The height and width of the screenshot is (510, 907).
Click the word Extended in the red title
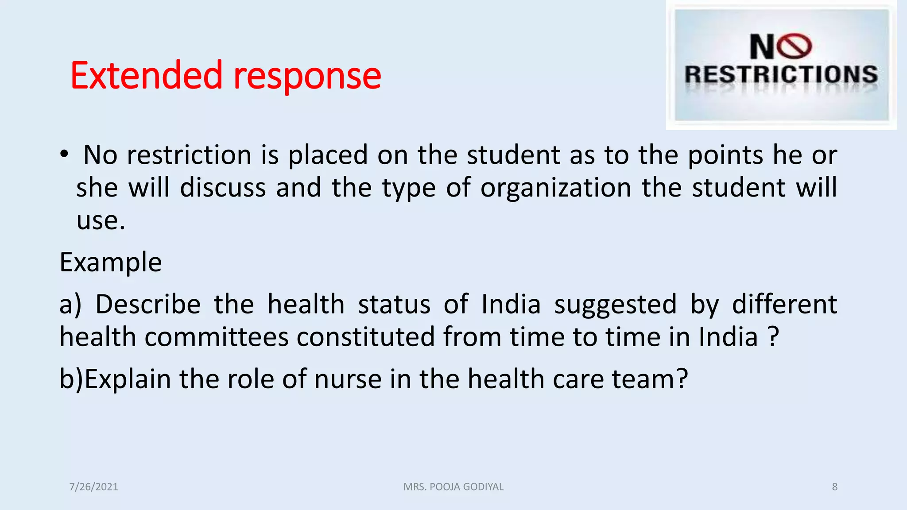tap(146, 76)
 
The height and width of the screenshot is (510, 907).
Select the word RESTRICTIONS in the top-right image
tap(781, 74)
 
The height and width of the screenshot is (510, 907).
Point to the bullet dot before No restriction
tap(65, 154)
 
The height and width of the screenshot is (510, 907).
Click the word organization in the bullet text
tap(556, 187)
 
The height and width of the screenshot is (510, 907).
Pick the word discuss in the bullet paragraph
tap(223, 187)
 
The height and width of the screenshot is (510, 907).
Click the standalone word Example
tap(111, 262)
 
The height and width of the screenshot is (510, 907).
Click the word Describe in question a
tap(148, 305)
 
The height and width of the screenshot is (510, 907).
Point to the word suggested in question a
tap(616, 305)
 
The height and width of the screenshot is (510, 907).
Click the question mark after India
tap(773, 337)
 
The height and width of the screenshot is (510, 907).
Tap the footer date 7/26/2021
tap(94, 487)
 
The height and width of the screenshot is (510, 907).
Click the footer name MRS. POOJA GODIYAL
tap(453, 487)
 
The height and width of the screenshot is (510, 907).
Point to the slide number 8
tap(835, 487)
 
